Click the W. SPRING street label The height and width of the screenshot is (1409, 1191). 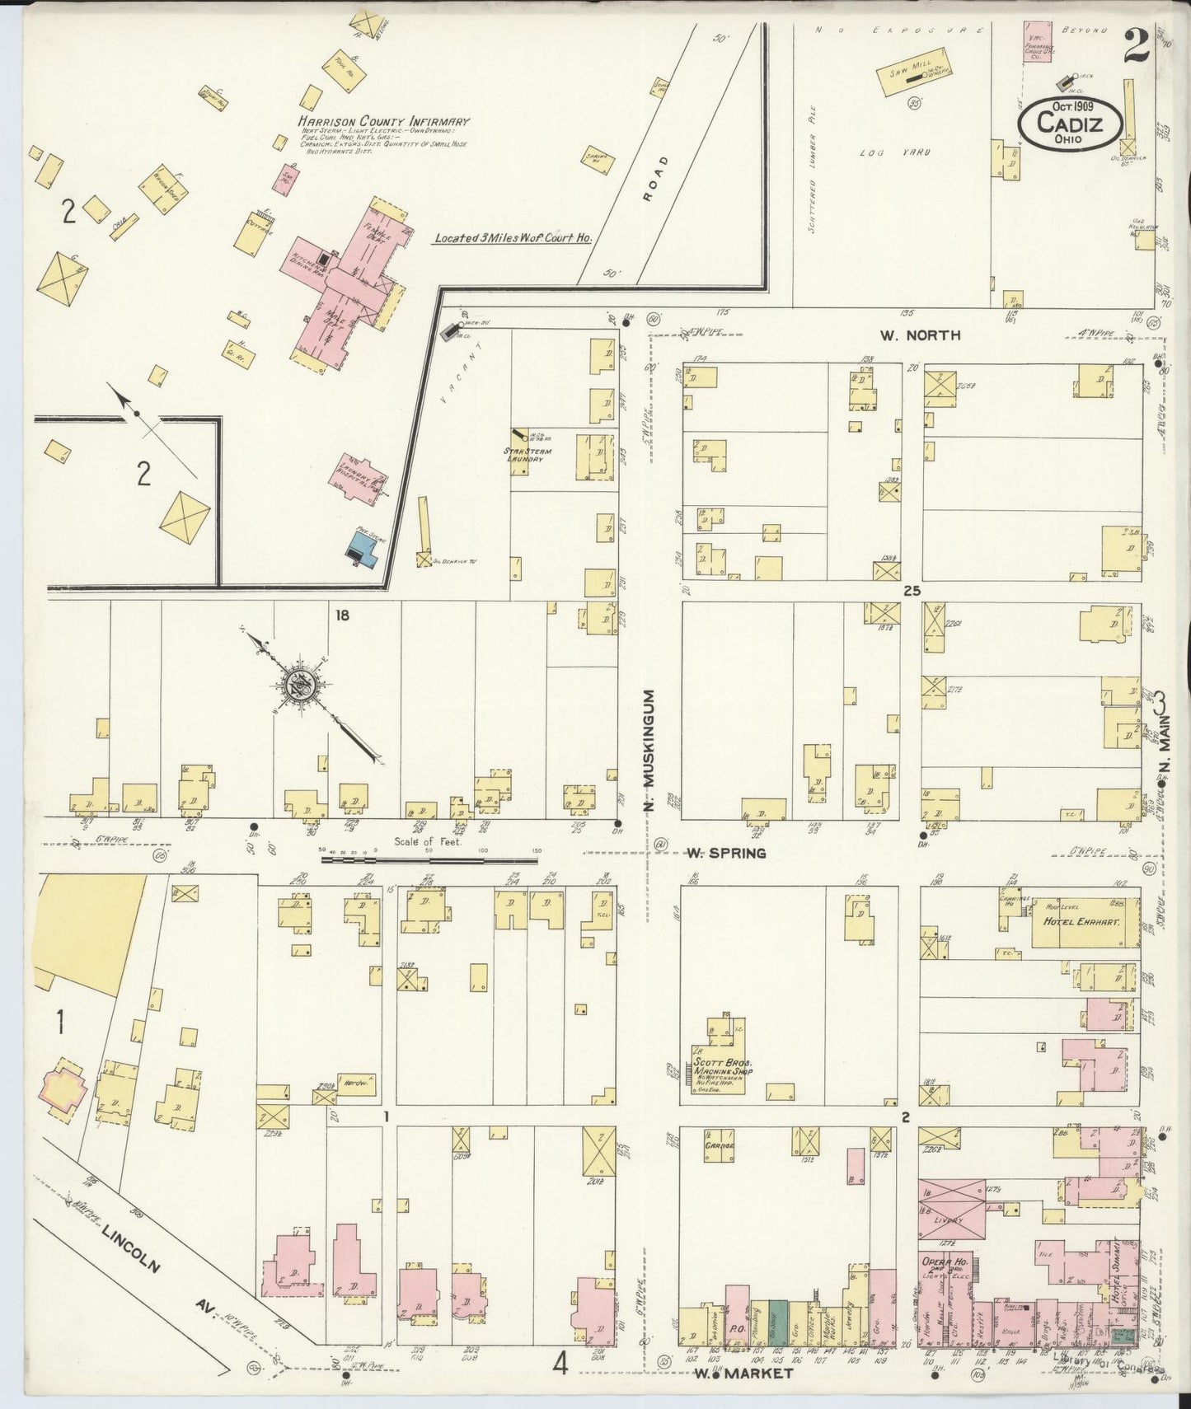725,853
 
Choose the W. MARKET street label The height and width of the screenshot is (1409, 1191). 743,1374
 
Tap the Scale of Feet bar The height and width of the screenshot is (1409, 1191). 429,860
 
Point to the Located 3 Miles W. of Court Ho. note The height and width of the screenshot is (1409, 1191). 513,238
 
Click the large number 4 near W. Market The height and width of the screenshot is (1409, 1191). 560,1365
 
